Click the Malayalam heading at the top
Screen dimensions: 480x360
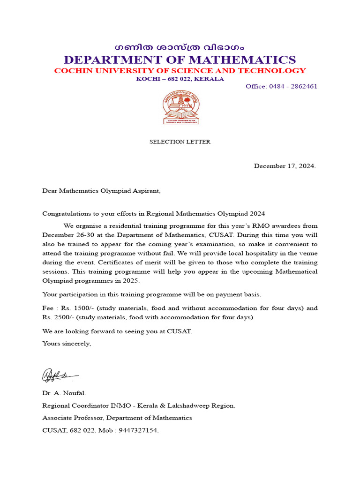coord(180,48)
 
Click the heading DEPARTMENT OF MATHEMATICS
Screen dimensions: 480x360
coord(180,60)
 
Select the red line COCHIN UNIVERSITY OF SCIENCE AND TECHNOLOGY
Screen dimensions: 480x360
coord(180,71)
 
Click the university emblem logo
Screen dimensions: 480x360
coord(181,107)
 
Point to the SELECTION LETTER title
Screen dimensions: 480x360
coord(180,142)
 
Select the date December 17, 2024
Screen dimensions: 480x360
coord(285,166)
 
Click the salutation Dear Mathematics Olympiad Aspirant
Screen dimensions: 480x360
coord(101,191)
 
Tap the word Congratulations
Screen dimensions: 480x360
coord(65,213)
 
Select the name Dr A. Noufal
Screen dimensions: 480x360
coord(64,394)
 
